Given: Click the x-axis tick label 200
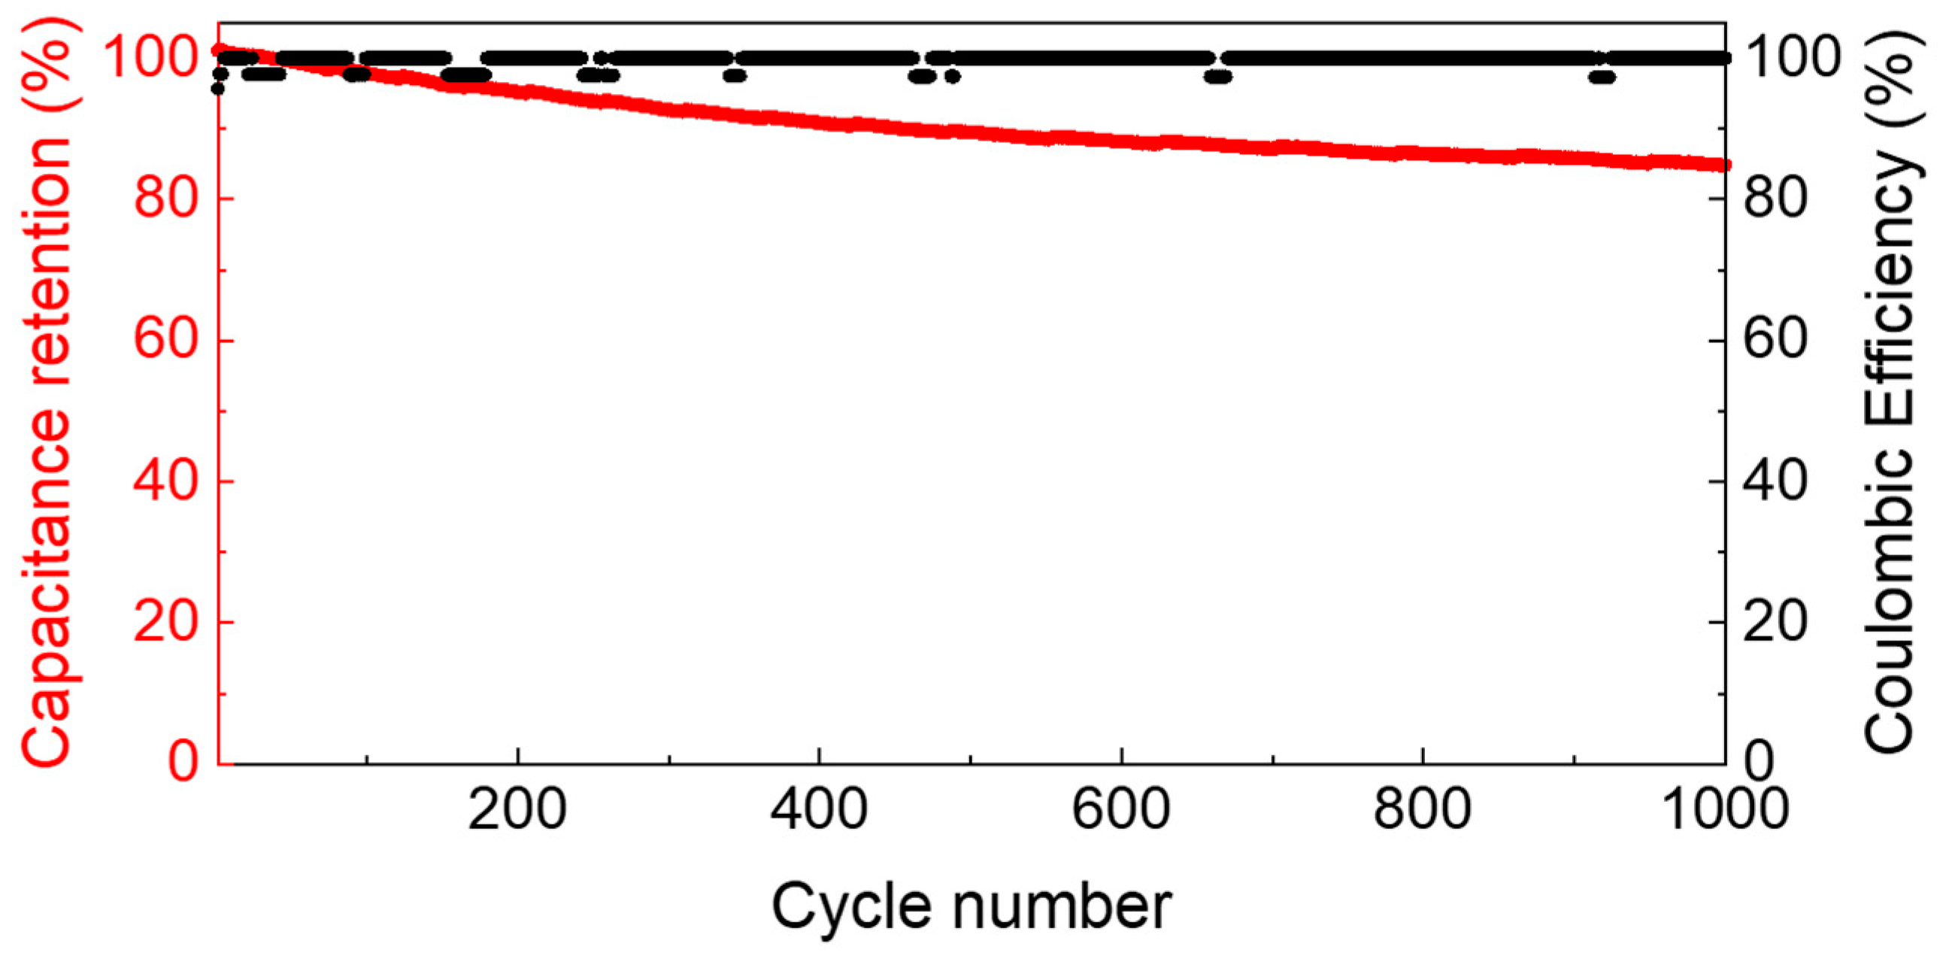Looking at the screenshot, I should pyautogui.click(x=517, y=811).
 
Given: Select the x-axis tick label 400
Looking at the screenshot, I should pyautogui.click(x=818, y=811).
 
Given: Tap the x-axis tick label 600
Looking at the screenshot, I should pyautogui.click(x=1121, y=811).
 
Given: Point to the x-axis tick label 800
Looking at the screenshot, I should pyautogui.click(x=1422, y=811).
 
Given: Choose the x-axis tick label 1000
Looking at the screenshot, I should pyautogui.click(x=1725, y=811).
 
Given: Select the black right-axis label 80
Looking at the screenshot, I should pyautogui.click(x=1775, y=199).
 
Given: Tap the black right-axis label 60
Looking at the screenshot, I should pyautogui.click(x=1775, y=340).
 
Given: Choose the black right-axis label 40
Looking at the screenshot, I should pyautogui.click(x=1775, y=481).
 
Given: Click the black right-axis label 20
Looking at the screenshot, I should pyautogui.click(x=1775, y=623).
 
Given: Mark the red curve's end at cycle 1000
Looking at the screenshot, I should pyautogui.click(x=1723, y=165).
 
